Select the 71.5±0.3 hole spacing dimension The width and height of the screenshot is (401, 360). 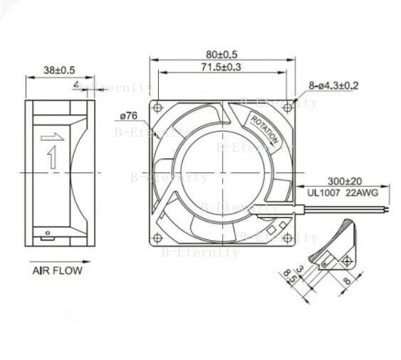pos(221,67)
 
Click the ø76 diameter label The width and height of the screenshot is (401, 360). pos(129,115)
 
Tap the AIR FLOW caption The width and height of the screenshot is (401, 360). pos(57,270)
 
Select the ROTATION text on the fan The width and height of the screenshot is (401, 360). pos(266,130)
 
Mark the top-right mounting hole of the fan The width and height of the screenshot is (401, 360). pos(287,107)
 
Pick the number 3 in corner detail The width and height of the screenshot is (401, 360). pos(300,269)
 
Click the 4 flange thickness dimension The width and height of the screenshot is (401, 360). pos(77,86)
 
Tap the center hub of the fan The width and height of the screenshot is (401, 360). pos(221,171)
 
